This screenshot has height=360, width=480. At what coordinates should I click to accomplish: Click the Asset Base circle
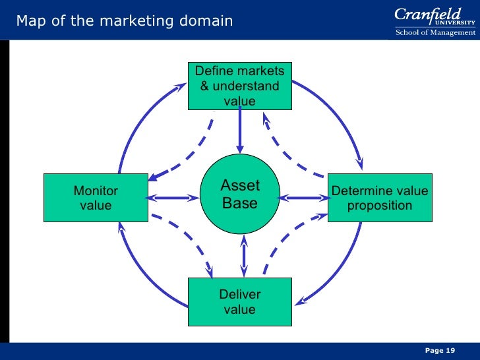point(240,195)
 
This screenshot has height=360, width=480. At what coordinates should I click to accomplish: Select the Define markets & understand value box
point(239,86)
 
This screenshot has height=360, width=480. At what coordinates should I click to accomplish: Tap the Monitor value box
point(96,198)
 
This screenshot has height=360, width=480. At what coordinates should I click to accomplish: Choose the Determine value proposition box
point(379,198)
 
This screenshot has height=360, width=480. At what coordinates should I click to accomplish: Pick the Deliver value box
point(239,302)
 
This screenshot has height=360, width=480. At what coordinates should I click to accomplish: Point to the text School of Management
point(435,32)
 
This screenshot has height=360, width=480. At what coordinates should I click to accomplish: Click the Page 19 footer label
point(440,350)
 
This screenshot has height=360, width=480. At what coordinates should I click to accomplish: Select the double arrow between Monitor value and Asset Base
point(172,197)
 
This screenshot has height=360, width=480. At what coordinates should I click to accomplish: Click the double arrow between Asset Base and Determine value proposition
point(304,197)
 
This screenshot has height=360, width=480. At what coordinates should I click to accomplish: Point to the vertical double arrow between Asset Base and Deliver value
point(245,256)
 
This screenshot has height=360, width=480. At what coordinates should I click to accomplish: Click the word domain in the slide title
point(209,21)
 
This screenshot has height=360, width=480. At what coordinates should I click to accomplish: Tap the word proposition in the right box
point(379,206)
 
